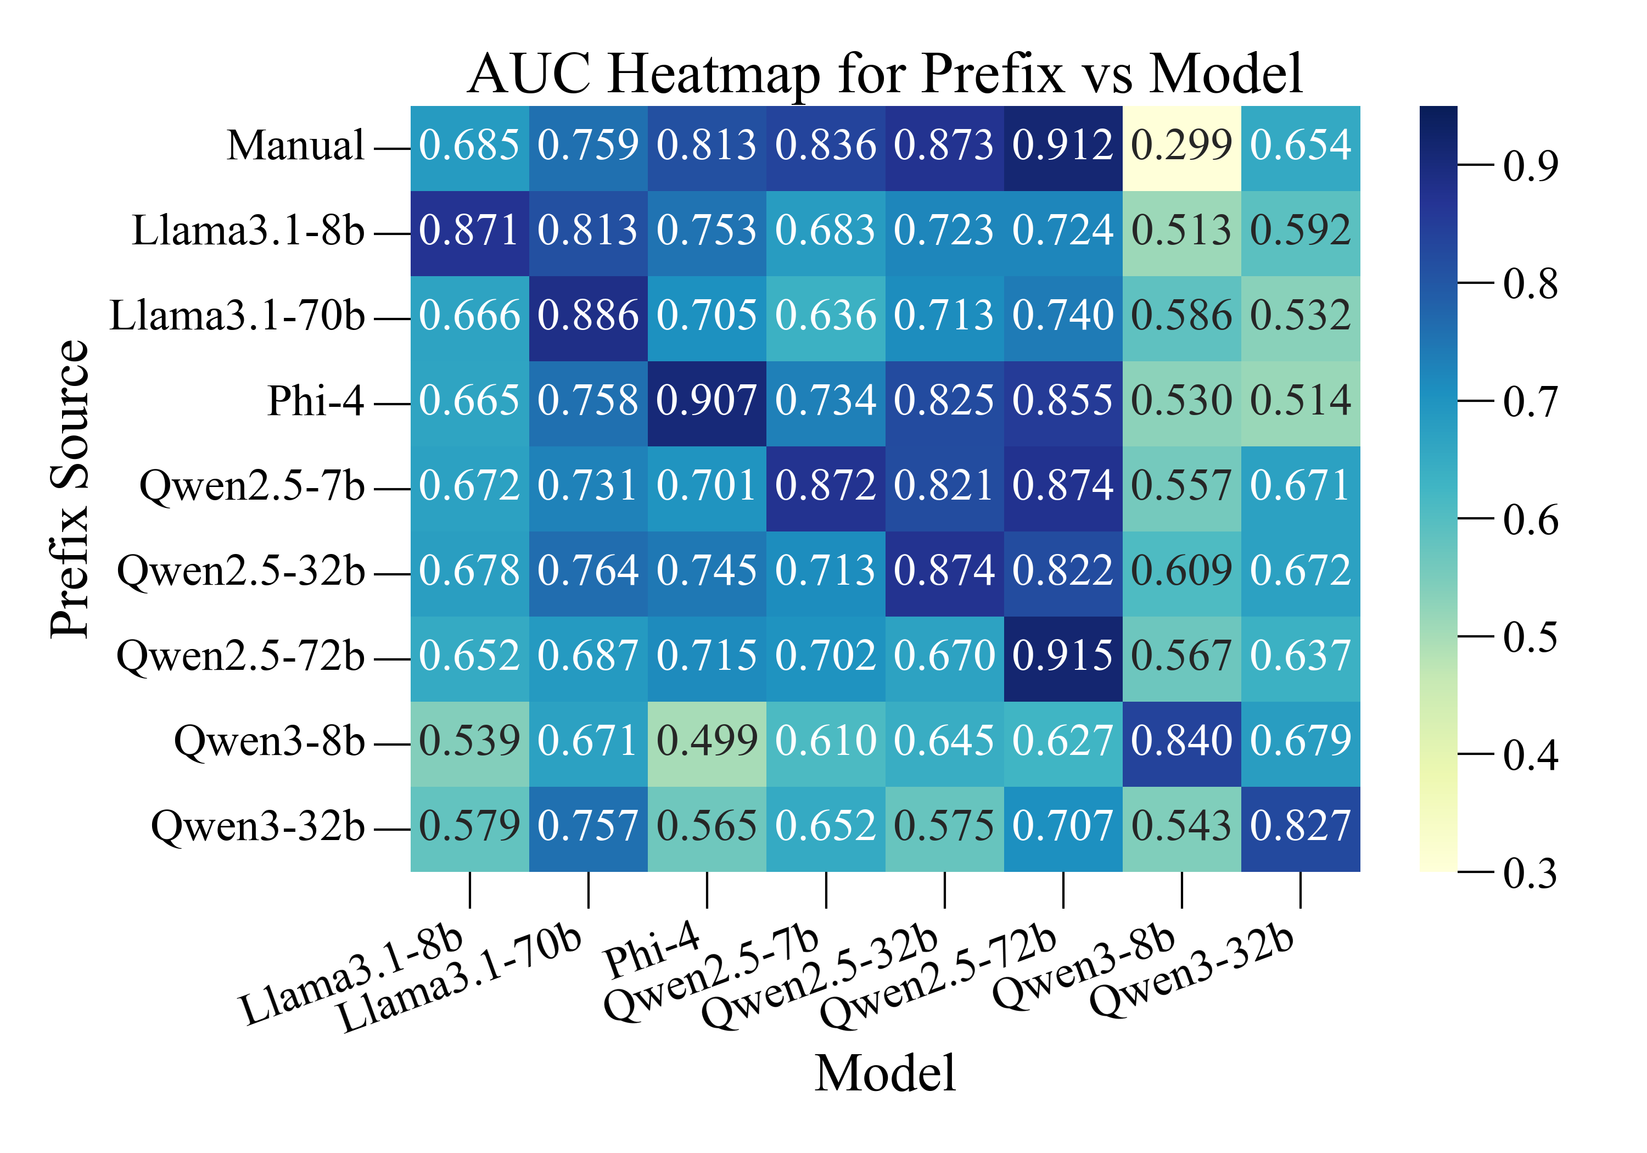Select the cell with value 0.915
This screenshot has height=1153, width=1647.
point(1062,657)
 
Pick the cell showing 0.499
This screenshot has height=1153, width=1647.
point(707,741)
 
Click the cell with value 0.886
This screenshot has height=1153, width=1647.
point(587,316)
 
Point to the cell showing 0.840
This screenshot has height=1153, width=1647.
point(1181,741)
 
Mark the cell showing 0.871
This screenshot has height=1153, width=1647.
point(469,231)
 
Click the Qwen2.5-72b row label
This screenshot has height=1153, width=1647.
point(240,657)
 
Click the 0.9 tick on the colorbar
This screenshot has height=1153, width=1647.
point(1530,166)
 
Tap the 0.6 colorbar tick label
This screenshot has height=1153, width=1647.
point(1530,519)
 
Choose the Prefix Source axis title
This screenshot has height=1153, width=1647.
point(70,488)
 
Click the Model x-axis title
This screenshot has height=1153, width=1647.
point(884,1074)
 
